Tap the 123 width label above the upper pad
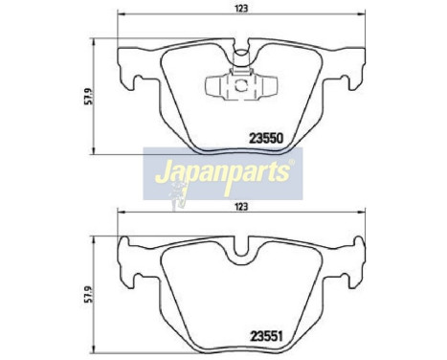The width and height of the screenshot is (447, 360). pyautogui.click(x=239, y=9)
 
